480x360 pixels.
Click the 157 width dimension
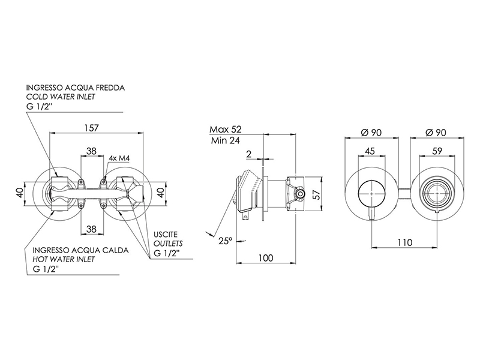coord(92,128)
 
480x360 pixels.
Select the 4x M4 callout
coord(119,158)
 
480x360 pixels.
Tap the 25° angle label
coord(226,241)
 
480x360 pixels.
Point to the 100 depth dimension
coord(265,258)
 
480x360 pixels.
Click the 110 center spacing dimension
coord(404,242)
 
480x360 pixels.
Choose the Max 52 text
coord(226,129)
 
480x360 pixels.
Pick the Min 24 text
coord(226,140)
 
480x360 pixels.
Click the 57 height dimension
coord(317,194)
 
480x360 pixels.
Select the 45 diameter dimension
coord(370,151)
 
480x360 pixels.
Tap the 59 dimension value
coord(437,151)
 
